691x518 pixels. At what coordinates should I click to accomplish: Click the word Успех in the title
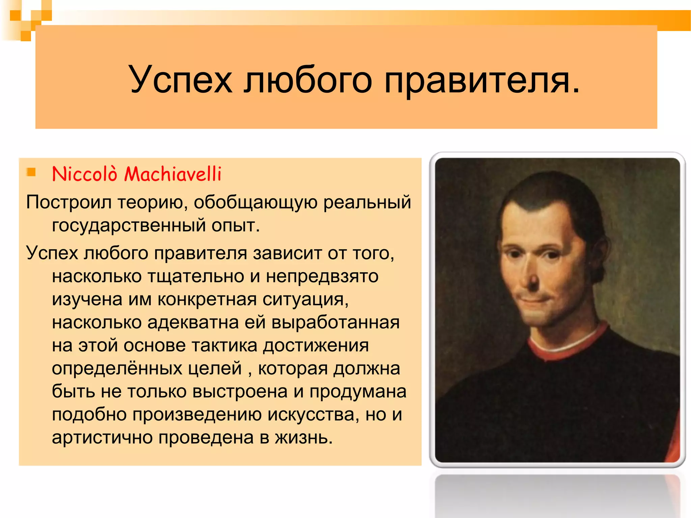click(181, 80)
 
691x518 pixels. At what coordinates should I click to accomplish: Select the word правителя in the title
click(482, 80)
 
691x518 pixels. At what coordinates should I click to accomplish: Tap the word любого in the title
click(308, 80)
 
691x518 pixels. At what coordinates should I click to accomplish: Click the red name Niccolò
click(85, 174)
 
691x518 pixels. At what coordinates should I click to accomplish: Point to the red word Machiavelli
click(173, 174)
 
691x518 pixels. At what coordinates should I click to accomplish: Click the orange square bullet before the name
click(31, 172)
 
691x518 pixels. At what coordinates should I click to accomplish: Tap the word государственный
click(129, 225)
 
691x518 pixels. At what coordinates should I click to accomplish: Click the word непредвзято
click(322, 277)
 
